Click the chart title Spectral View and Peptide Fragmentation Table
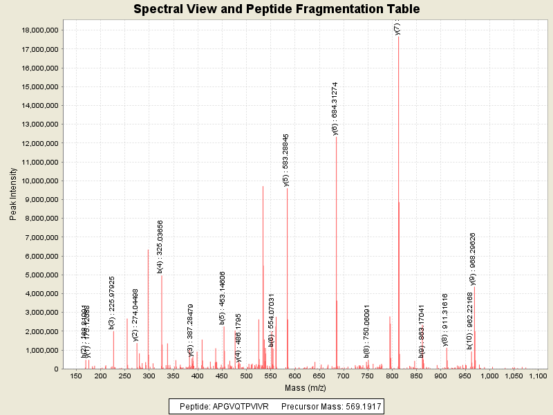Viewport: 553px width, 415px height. [276, 9]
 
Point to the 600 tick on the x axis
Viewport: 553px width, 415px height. [295, 376]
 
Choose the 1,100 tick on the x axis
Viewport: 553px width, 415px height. [537, 376]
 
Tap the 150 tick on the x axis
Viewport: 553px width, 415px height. [76, 376]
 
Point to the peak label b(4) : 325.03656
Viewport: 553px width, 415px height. [160, 245]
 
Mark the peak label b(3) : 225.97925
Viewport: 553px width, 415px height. [112, 302]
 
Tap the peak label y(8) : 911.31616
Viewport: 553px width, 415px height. [445, 320]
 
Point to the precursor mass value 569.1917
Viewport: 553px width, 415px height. [359, 406]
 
